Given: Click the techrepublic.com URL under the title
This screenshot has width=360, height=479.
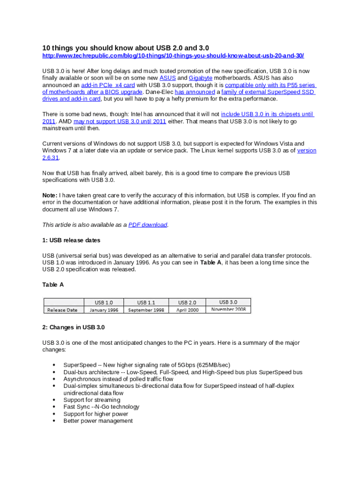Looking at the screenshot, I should coord(173,56).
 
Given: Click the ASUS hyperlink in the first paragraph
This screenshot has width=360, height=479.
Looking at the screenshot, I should coord(167,78).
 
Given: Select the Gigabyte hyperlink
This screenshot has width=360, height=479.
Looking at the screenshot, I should coord(201,78).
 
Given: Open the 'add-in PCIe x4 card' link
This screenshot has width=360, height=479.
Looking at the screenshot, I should coord(108,85).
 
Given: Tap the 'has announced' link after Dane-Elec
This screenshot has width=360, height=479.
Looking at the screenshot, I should coord(195,92).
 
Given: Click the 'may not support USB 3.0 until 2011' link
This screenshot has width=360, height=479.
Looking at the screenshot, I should coord(120,122).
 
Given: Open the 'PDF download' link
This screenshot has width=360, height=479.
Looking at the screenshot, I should coord(148,225).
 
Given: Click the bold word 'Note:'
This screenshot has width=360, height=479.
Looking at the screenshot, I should coord(50,196).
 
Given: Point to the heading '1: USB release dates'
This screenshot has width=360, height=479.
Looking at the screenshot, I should coord(71,240).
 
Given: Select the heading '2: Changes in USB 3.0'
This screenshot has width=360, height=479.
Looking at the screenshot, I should coord(73,327).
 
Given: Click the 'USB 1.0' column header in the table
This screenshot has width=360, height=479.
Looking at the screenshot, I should coord(104,303).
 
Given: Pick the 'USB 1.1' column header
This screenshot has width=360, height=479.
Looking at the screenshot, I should coord(146,303).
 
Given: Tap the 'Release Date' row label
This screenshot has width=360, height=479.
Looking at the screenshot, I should coord(62,310).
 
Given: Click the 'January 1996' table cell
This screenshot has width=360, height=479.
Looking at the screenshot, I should coord(104,310).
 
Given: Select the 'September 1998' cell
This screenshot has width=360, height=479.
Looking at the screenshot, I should coord(146,310).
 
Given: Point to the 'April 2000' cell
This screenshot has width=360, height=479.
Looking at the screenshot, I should coord(187,310).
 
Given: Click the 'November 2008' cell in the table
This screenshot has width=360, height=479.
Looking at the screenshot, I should coord(228,309).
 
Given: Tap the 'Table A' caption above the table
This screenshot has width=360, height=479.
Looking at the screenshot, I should coord(53,285).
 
